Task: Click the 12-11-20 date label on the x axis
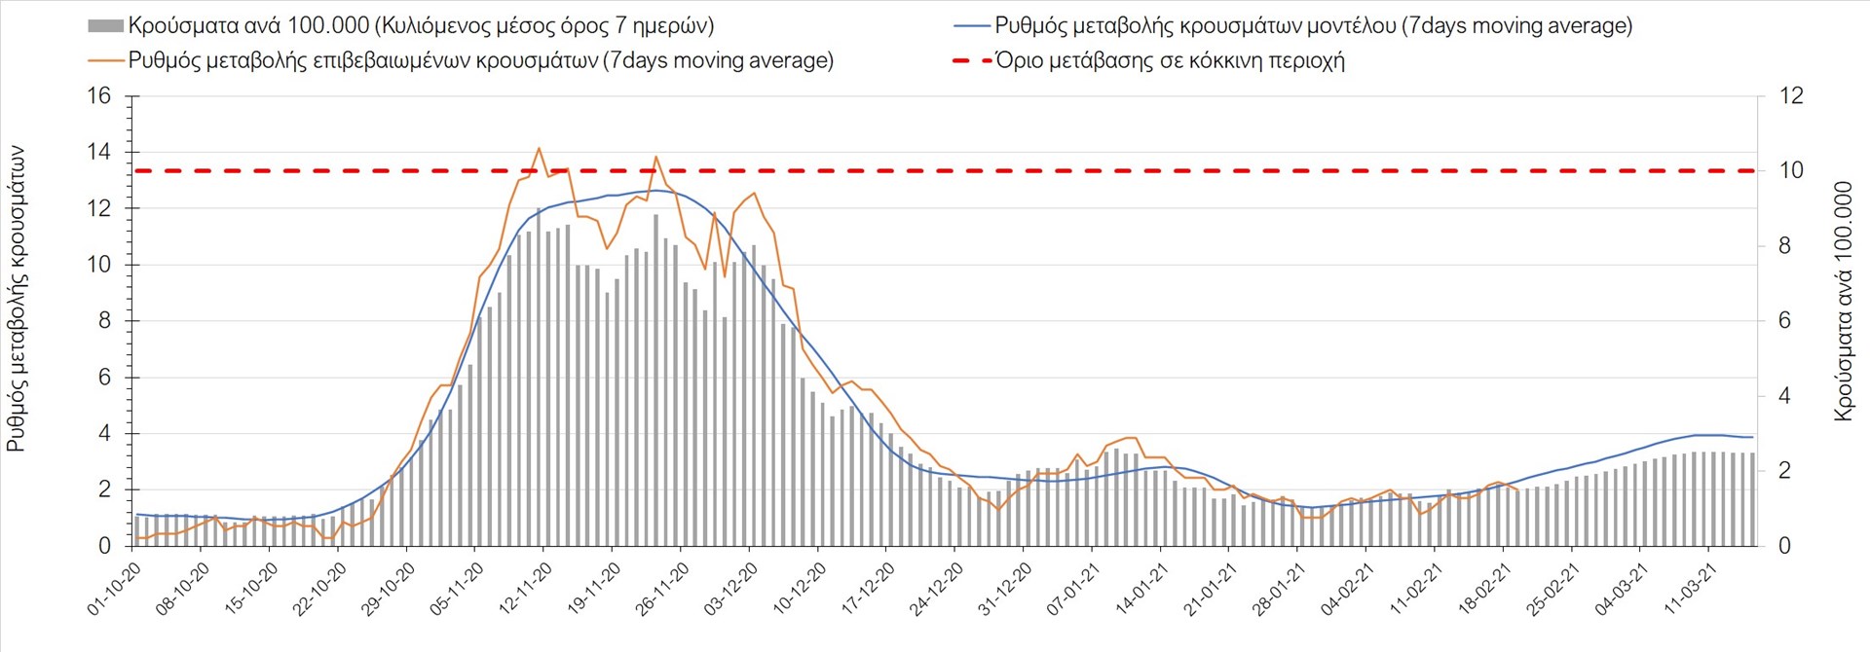click(x=526, y=588)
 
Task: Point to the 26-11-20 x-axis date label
click(x=663, y=588)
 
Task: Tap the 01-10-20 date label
click(x=115, y=589)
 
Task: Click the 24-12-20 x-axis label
click(x=937, y=589)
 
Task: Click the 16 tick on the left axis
click(x=99, y=96)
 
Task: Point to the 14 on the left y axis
click(x=99, y=152)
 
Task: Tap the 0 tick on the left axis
click(x=105, y=546)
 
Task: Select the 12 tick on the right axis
click(x=1790, y=96)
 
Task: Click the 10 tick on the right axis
click(x=1790, y=170)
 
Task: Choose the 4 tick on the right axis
click(x=1784, y=396)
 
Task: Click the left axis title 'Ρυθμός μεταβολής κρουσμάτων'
click(x=17, y=298)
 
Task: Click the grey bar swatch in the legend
click(x=105, y=26)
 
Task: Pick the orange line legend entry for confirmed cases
click(x=480, y=61)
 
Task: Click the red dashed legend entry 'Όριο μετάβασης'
click(x=1169, y=61)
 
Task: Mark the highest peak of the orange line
click(x=539, y=148)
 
